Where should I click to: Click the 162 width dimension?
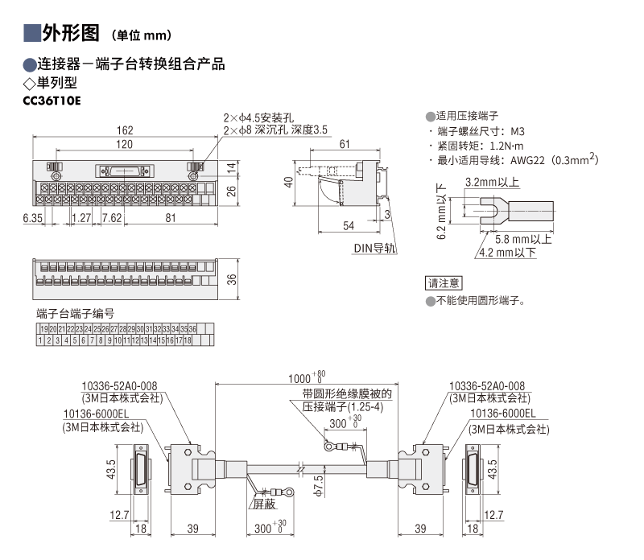(125, 131)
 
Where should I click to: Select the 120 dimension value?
(123, 145)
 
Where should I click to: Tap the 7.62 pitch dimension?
(111, 218)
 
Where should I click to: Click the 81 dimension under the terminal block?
(171, 218)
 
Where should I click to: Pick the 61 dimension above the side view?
(344, 144)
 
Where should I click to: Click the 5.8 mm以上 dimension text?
(523, 239)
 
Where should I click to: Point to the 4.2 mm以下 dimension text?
(507, 253)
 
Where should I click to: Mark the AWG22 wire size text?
(526, 160)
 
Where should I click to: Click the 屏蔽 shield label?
(264, 504)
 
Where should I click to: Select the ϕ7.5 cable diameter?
(319, 483)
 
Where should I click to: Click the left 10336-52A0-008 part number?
(121, 386)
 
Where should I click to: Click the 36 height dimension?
(232, 278)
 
